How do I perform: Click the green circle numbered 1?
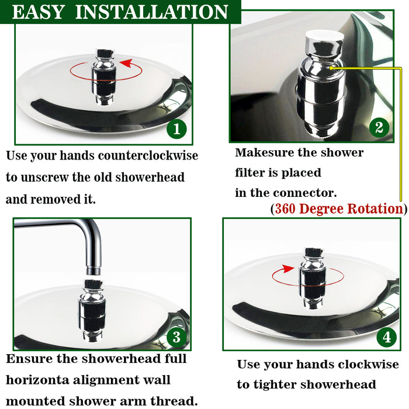click(x=176, y=129)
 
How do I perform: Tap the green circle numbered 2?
click(x=379, y=127)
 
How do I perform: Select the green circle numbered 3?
click(x=176, y=337)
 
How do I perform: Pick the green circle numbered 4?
click(x=387, y=337)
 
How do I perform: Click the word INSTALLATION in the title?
click(x=151, y=12)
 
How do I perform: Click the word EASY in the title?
click(x=38, y=12)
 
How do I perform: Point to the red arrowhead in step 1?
click(x=126, y=63)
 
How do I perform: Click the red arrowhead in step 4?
click(x=289, y=269)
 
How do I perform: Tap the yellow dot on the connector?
click(x=331, y=68)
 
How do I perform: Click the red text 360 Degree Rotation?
click(x=339, y=209)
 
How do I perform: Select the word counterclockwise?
click(x=148, y=155)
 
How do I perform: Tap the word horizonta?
click(x=37, y=380)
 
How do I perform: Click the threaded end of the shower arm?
click(x=93, y=270)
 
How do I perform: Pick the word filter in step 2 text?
click(x=252, y=172)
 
